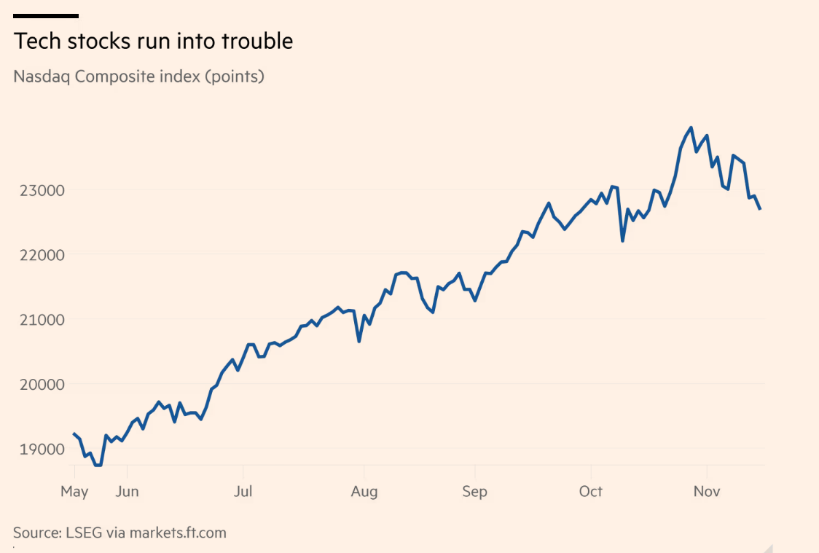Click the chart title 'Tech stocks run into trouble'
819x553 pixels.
[x=153, y=42]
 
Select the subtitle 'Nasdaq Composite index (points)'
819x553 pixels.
[x=138, y=76]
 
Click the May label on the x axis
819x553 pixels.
[x=74, y=492]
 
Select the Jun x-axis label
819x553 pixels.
[x=127, y=492]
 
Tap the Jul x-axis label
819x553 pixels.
[x=243, y=492]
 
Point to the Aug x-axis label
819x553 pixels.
[x=364, y=492]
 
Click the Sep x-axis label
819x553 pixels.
[x=474, y=492]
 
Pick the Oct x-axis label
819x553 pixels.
[x=591, y=492]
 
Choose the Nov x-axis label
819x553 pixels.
[x=707, y=492]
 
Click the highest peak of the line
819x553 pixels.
[x=691, y=128]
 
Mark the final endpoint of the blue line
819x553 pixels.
[x=760, y=209]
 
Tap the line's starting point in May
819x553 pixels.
[x=74, y=434]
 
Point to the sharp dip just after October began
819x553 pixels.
[x=622, y=240]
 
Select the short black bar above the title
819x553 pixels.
[x=46, y=15]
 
